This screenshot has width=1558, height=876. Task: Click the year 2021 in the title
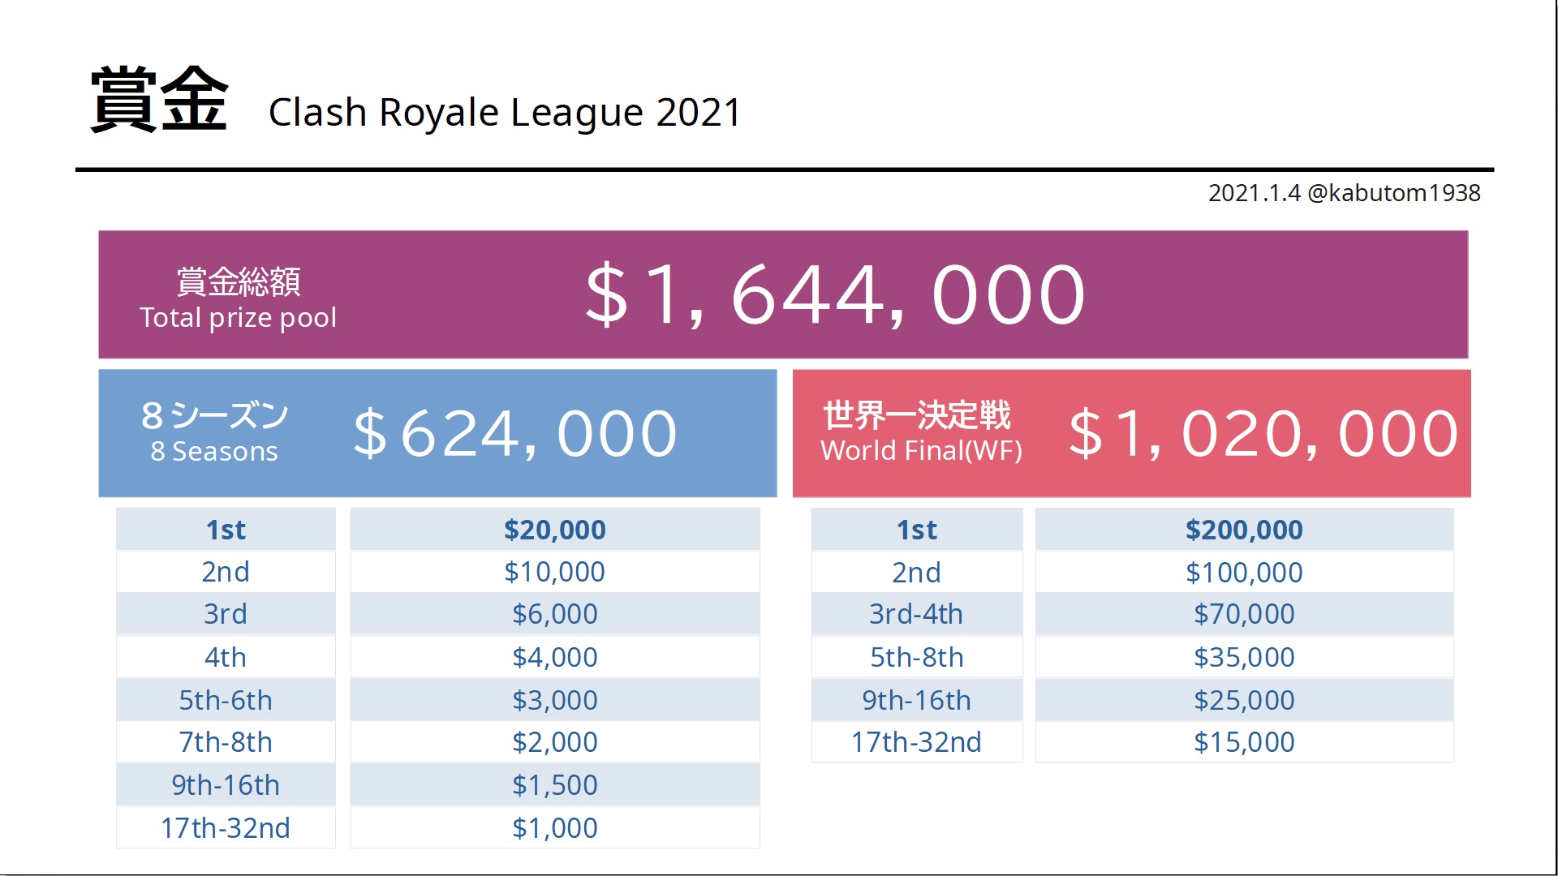(698, 112)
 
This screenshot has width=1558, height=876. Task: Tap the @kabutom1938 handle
(1393, 193)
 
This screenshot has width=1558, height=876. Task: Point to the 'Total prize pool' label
(238, 317)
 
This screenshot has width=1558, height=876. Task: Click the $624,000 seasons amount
(514, 434)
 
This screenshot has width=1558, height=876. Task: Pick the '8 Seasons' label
(214, 451)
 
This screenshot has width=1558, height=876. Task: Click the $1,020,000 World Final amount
(1263, 434)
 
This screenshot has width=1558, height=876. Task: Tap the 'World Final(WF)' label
(921, 450)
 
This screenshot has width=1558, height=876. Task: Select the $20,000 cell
(555, 530)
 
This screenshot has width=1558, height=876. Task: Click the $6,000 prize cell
(555, 614)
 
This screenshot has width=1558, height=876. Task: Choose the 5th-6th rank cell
(226, 700)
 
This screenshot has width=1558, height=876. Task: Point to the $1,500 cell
(555, 785)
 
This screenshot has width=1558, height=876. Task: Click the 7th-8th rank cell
(226, 742)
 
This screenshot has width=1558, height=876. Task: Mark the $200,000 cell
(1244, 530)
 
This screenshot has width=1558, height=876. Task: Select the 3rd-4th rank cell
(916, 614)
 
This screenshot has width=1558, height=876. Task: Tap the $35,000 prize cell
(1244, 657)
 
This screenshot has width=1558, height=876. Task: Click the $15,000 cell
(1244, 742)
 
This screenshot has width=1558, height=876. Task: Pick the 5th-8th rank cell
(916, 657)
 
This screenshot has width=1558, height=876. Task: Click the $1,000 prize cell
(555, 828)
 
